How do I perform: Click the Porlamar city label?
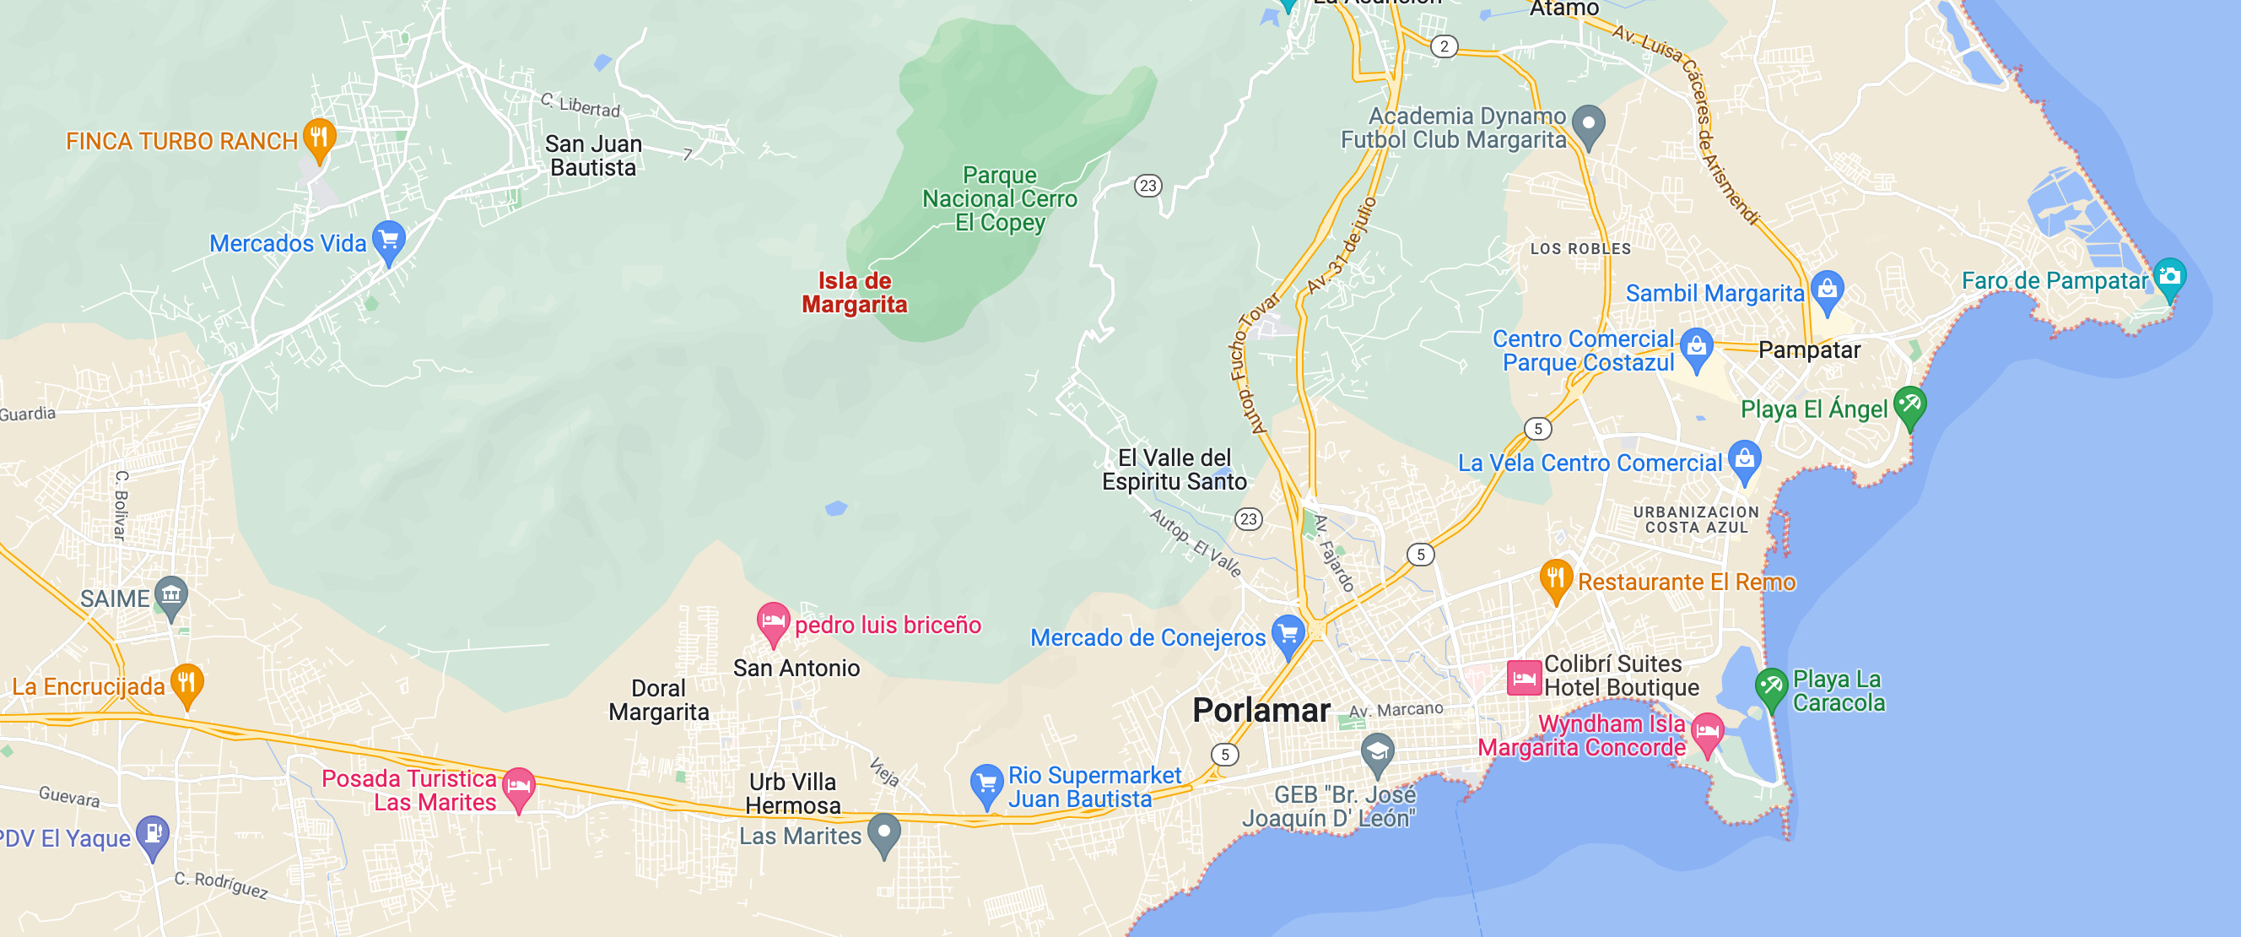coord(1261,710)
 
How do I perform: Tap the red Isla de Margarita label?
coord(853,292)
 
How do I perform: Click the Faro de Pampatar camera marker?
coord(2168,277)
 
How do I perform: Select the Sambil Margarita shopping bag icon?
coord(1827,288)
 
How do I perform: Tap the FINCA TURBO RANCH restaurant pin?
coord(319,138)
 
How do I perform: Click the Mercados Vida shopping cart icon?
coord(389,239)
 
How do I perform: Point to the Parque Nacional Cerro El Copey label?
coord(1000,198)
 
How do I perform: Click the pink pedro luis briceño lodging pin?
coord(773,621)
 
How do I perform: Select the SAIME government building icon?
coord(170,595)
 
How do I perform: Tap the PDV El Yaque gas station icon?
coord(153,833)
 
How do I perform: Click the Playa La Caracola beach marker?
coord(1771,686)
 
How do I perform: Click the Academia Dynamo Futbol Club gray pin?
coord(1589,123)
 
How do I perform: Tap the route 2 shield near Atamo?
coord(1444,46)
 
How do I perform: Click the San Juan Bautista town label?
coord(593,155)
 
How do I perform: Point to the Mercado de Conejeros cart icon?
coord(1288,633)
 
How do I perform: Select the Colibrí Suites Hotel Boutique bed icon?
coord(1523,678)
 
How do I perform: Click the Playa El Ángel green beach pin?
coord(1909,404)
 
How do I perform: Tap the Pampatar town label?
coord(1809,349)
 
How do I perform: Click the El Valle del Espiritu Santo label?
coord(1174,470)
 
